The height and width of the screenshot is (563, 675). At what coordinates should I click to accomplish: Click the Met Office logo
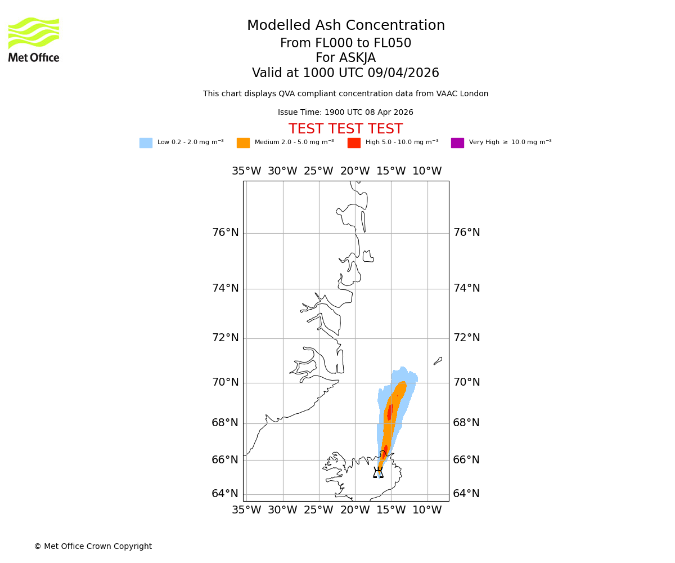[34, 39]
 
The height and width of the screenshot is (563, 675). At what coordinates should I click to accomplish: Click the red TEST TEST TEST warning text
[345, 129]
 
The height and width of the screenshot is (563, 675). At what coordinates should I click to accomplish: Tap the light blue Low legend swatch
[146, 143]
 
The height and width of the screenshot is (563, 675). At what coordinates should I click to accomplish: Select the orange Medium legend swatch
[243, 143]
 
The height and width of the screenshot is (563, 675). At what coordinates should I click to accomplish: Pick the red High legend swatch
[354, 143]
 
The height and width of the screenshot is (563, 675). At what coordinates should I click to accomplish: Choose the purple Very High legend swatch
[457, 143]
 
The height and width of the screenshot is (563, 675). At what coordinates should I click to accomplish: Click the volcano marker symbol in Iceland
[378, 472]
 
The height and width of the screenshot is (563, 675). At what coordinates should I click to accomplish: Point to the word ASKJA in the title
[358, 58]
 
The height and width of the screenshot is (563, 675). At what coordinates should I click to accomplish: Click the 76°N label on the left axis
[225, 233]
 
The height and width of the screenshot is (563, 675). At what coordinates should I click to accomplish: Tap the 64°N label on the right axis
[466, 494]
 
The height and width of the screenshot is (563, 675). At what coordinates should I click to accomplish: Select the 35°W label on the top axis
[246, 171]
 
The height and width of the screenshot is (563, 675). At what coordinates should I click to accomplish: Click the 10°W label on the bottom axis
[427, 510]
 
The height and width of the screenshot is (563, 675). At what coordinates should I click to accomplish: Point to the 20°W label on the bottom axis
[355, 510]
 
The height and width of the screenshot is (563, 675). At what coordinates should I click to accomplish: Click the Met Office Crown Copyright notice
[93, 546]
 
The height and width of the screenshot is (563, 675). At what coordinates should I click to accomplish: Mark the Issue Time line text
[345, 113]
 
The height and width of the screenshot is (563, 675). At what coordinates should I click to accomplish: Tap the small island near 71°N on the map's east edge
[438, 361]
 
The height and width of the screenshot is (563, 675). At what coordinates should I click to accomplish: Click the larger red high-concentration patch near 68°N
[390, 412]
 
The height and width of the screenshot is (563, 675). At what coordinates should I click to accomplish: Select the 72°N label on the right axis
[466, 338]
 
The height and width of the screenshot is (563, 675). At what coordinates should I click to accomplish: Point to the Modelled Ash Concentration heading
[345, 26]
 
